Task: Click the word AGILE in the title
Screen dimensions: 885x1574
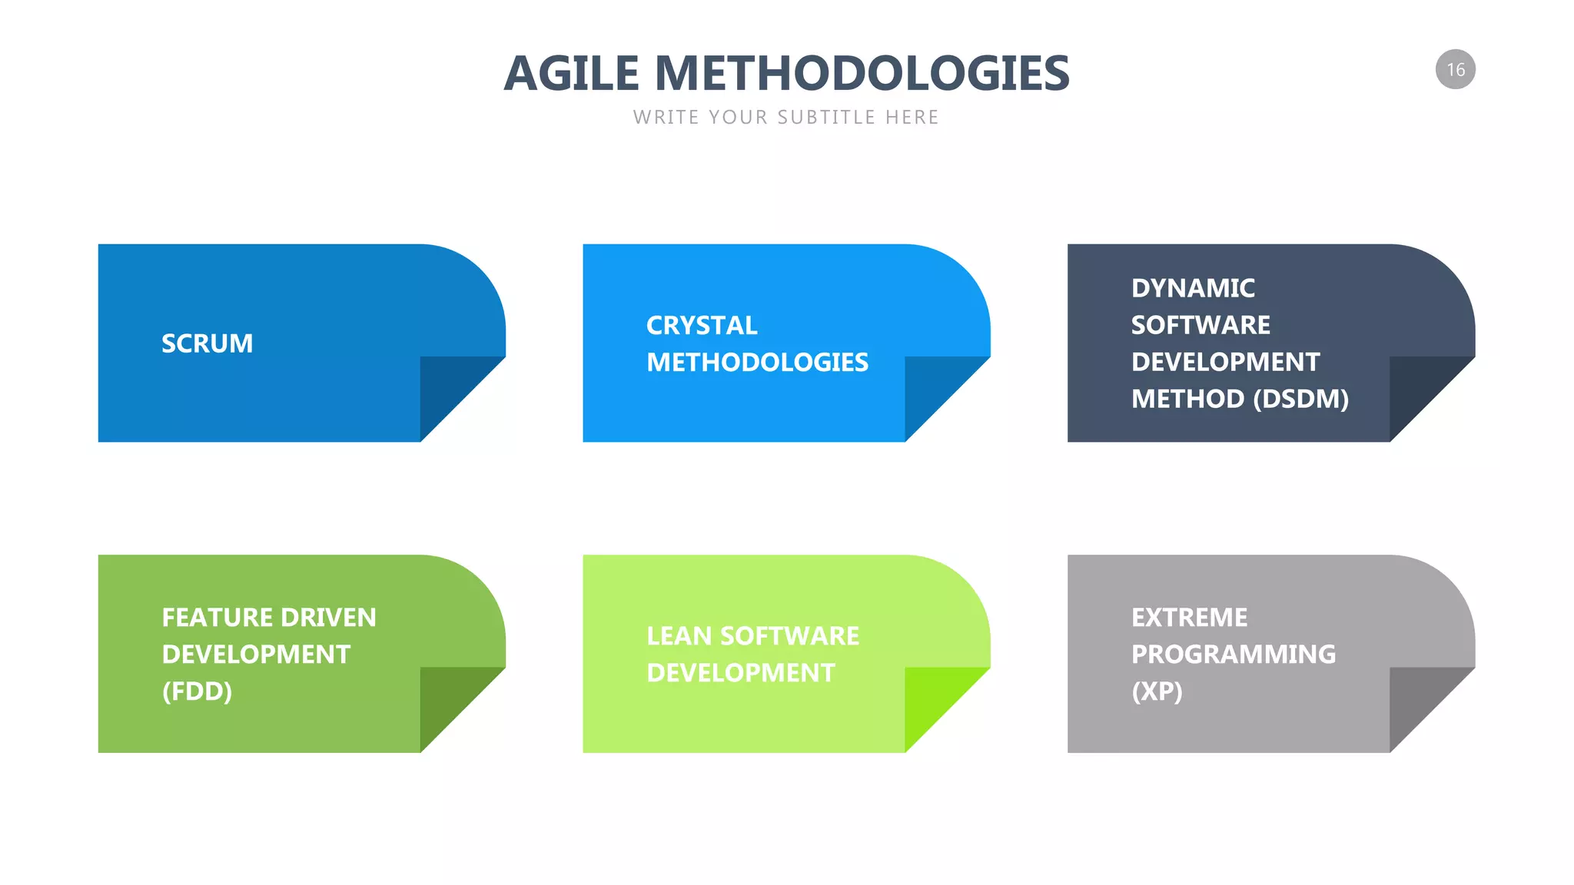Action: click(571, 74)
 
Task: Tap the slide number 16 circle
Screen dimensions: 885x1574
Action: click(1455, 70)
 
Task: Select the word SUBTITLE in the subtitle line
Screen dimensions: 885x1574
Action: click(826, 118)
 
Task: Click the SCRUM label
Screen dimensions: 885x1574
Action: click(207, 343)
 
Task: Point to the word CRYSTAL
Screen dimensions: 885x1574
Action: click(702, 326)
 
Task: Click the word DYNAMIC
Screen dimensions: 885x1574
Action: click(1193, 288)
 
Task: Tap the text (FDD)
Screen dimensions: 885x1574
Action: click(197, 691)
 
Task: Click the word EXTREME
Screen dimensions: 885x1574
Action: click(1189, 618)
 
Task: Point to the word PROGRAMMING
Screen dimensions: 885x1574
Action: click(1233, 655)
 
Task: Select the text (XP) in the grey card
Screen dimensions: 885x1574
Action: click(1157, 691)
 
